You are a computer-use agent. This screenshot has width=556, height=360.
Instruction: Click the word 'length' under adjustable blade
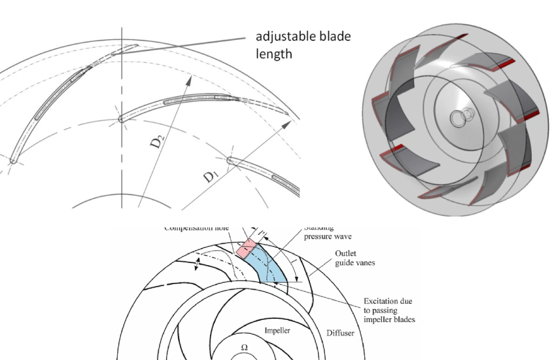tap(273, 54)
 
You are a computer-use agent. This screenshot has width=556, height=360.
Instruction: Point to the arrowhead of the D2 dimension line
tap(192, 79)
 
